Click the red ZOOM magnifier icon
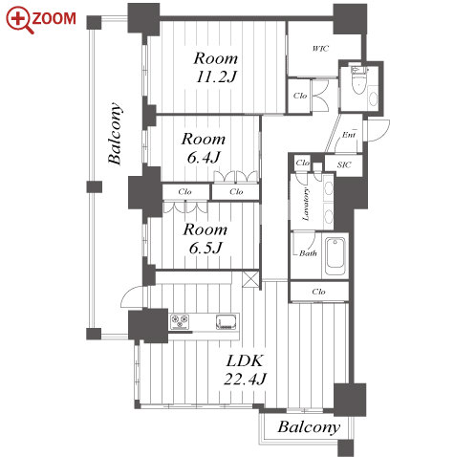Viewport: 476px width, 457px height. [19, 19]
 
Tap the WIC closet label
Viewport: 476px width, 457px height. [320, 49]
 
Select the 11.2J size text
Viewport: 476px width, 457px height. [216, 76]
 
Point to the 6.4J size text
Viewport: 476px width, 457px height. [204, 157]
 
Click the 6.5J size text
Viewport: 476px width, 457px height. [206, 248]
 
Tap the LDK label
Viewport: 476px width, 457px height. [245, 361]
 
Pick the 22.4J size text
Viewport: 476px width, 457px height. [245, 379]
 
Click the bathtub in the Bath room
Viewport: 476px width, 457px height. [335, 257]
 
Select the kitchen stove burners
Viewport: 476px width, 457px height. [180, 321]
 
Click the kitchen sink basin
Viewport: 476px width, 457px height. [227, 321]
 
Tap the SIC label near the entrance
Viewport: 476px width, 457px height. [344, 164]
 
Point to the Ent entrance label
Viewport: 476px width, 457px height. [349, 135]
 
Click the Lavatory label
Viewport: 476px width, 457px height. [305, 205]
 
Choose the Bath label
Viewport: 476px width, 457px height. [308, 253]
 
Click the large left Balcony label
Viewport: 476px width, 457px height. [115, 133]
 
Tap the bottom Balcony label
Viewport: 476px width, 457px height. [309, 427]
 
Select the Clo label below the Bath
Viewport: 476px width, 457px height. [318, 292]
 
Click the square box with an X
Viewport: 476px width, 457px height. [251, 279]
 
